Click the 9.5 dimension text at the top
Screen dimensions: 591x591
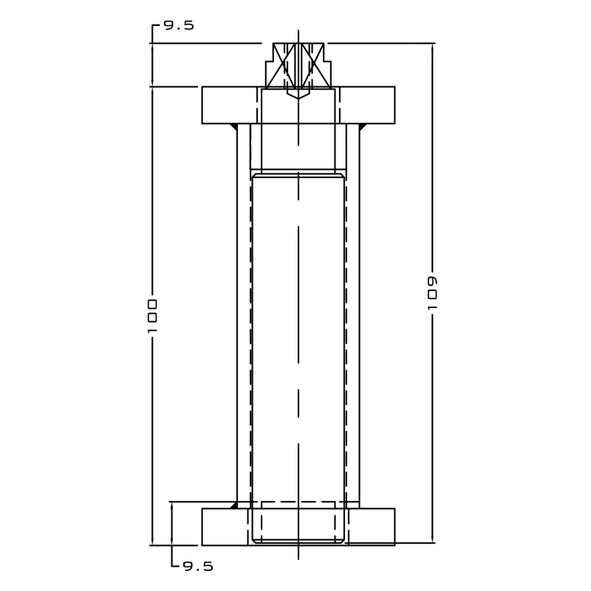point(179,25)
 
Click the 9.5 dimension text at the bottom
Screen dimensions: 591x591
point(197,567)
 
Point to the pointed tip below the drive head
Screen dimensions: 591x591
point(298,95)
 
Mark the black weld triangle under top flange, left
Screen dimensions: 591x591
point(233,127)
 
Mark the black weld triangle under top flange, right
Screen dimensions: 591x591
point(363,127)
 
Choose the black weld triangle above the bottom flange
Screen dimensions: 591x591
point(233,505)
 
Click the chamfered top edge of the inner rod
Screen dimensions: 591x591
point(298,175)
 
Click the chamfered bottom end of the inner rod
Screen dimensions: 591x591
point(298,542)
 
